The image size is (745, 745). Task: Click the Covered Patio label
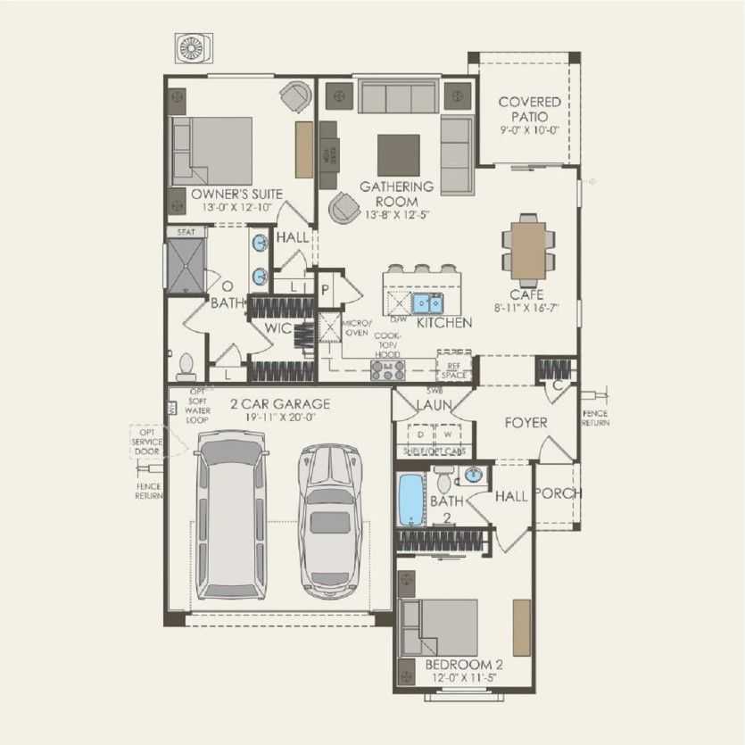529,109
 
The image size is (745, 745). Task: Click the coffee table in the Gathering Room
399,154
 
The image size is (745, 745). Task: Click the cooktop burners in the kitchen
393,366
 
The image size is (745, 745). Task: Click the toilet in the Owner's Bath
186,365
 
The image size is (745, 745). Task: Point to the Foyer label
526,422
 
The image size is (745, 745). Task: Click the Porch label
558,493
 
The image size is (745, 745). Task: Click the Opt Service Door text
147,442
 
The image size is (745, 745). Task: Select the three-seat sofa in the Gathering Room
399,95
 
